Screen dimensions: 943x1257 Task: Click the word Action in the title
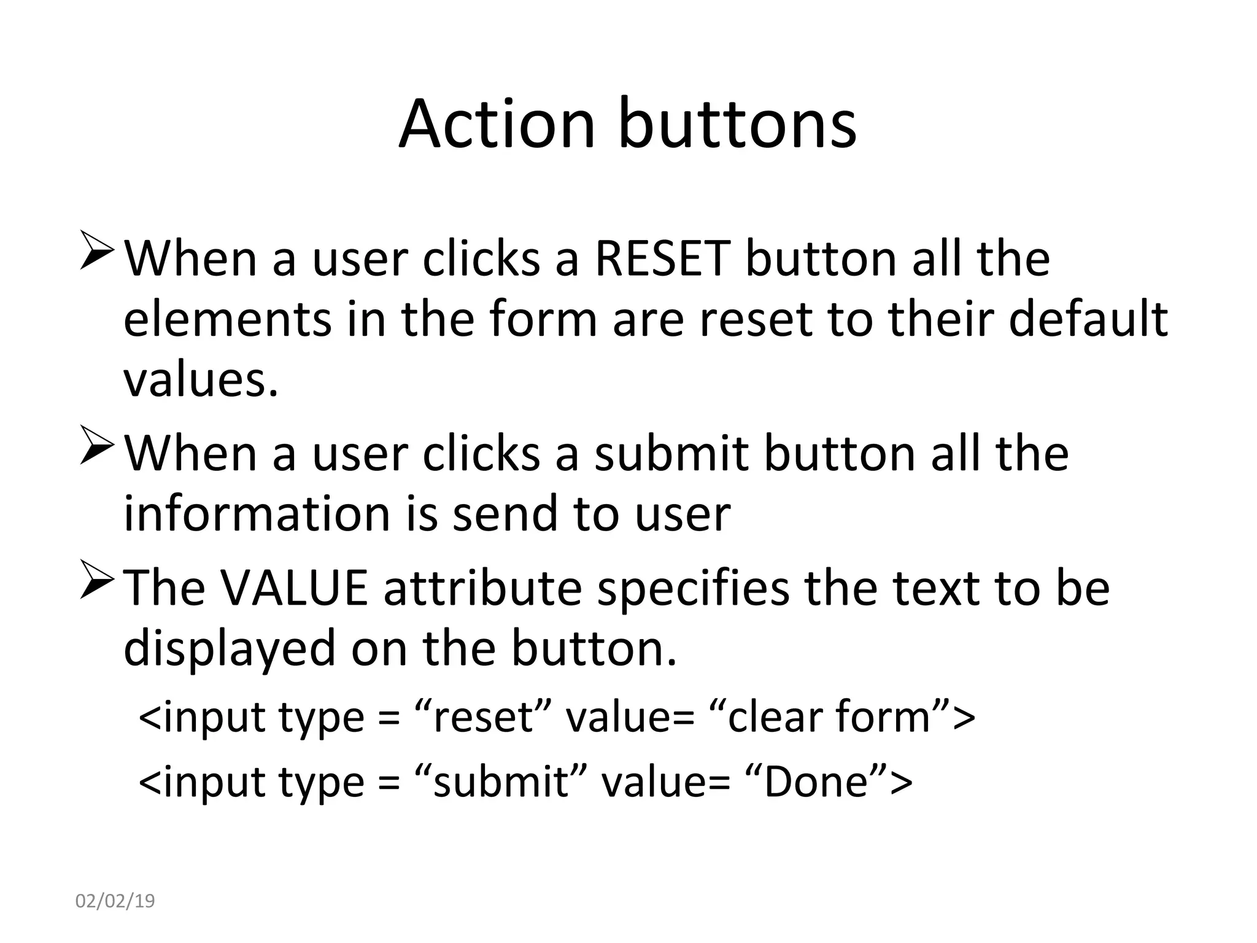(x=497, y=124)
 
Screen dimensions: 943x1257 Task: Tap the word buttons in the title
(x=737, y=124)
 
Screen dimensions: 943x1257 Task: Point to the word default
(x=1088, y=319)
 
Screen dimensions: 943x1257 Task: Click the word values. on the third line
(x=201, y=379)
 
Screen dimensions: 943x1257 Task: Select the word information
(x=257, y=513)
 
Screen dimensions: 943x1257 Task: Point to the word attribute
(x=482, y=588)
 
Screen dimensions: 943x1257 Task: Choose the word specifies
(x=693, y=588)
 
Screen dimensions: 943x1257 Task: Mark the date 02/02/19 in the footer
(x=115, y=901)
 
